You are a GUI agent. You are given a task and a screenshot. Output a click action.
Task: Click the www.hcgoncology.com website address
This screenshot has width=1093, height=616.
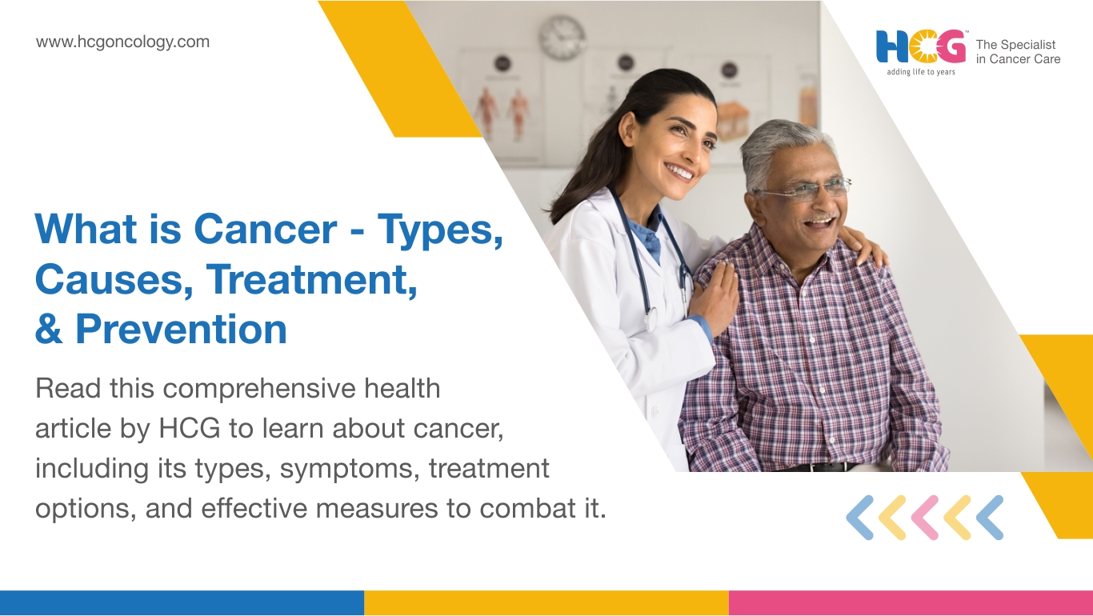point(122,42)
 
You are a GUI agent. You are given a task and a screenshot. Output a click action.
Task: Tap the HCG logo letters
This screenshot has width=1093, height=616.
point(921,46)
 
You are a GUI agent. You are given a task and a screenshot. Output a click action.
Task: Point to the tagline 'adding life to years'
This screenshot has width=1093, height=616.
point(921,72)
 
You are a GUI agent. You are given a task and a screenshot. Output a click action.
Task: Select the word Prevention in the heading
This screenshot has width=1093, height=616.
point(181,330)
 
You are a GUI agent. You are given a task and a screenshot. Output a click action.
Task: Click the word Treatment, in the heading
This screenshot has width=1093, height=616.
point(312,279)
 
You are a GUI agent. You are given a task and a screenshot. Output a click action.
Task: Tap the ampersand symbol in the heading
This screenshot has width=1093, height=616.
point(49,330)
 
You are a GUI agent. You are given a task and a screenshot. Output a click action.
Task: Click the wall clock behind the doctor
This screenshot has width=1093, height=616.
point(563,37)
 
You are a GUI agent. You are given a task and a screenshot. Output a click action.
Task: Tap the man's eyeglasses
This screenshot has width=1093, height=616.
point(805,190)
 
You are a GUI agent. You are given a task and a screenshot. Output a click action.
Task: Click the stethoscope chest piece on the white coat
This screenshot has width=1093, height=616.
point(651,320)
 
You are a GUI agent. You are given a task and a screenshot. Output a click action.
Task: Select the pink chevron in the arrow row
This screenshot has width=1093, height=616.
point(925,518)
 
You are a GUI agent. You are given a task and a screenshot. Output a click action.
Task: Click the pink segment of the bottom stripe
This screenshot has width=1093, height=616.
point(911,603)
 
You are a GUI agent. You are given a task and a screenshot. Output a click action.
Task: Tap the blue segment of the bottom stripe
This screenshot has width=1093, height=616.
point(182,603)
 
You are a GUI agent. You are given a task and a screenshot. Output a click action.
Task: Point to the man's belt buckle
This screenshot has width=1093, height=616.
point(814,467)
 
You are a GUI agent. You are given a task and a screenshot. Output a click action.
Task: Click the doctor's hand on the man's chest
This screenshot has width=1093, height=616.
point(714,297)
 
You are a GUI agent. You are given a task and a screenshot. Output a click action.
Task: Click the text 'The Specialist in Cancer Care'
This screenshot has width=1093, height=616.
point(1018,52)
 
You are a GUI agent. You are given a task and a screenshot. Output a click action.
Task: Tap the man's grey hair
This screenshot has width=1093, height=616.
point(786,146)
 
